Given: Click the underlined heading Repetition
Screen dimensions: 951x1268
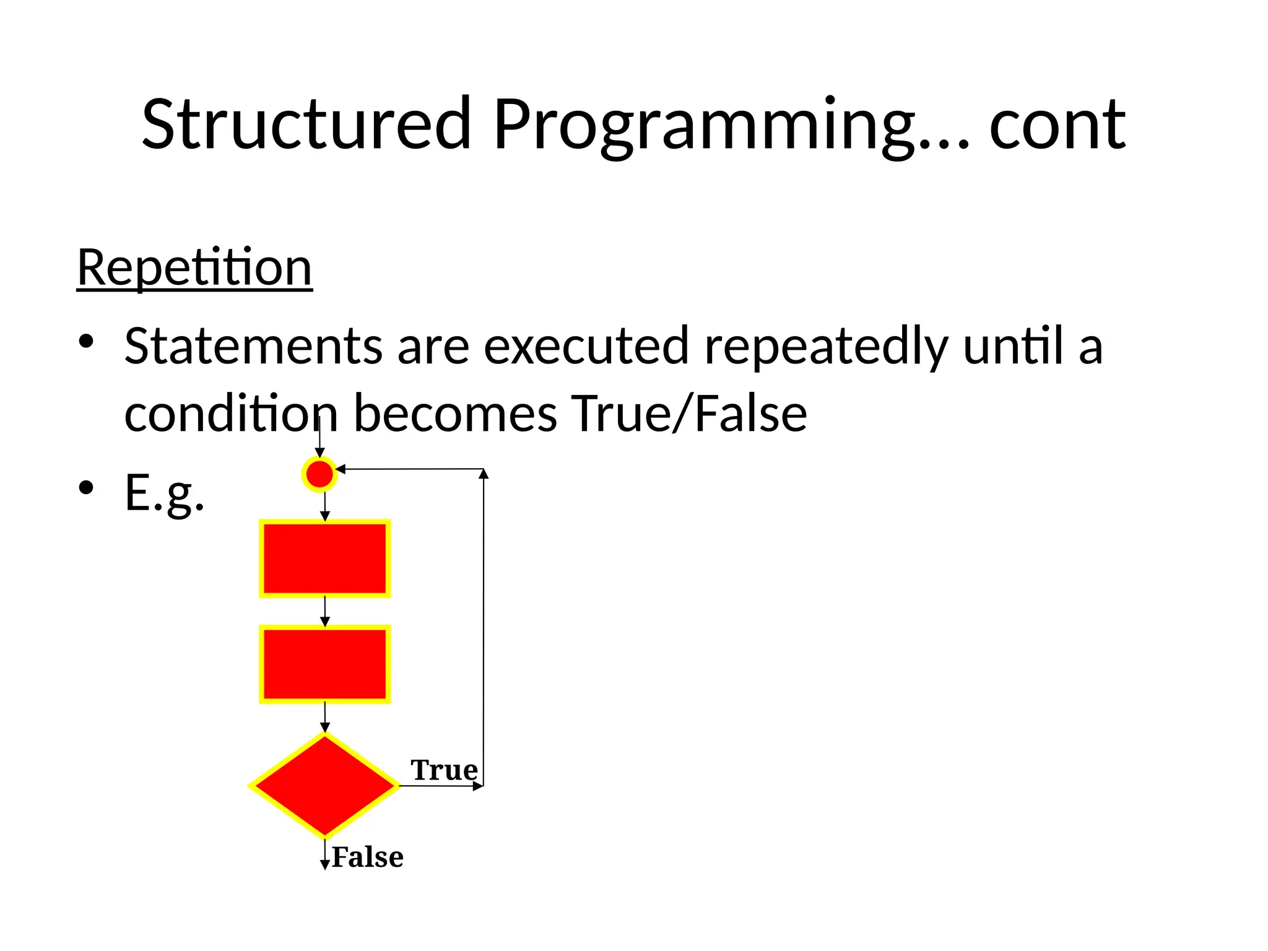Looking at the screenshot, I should point(194,267).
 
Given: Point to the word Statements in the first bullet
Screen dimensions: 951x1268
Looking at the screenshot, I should point(253,346).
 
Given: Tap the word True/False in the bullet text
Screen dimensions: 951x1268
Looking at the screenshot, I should point(688,414).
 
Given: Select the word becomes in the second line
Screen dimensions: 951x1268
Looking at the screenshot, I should point(455,414).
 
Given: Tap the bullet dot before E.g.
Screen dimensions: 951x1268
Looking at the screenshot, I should point(86,488).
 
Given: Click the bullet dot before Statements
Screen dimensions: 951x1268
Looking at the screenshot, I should point(86,341).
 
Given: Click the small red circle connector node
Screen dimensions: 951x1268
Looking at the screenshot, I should point(319,474).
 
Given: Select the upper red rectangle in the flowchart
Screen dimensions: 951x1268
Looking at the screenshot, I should point(324,558).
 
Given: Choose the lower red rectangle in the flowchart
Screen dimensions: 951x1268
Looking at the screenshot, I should point(324,664).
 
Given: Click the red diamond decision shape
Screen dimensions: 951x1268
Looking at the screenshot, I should point(324,785).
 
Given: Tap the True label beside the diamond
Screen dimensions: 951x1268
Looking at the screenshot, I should point(444,770).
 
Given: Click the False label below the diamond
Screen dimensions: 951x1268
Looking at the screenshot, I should point(368,858).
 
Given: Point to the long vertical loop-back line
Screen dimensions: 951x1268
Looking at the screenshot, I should point(484,625).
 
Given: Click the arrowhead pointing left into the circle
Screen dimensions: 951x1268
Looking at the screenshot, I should point(340,469).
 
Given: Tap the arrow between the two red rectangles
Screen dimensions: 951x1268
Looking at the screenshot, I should point(325,612).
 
